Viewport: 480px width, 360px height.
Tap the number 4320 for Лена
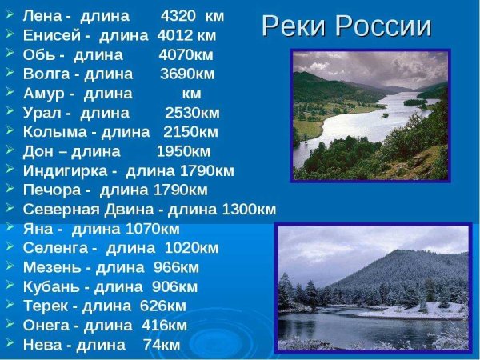pos(179,16)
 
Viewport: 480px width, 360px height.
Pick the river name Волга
pos(47,74)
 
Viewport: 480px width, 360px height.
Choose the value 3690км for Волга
pos(187,74)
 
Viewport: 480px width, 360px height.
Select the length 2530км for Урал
pos(192,113)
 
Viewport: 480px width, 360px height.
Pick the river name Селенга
pos(55,248)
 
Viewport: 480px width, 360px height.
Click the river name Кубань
pos(50,286)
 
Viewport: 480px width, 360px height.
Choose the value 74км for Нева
pos(162,345)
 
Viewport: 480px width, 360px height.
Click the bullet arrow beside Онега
pos(9,325)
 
